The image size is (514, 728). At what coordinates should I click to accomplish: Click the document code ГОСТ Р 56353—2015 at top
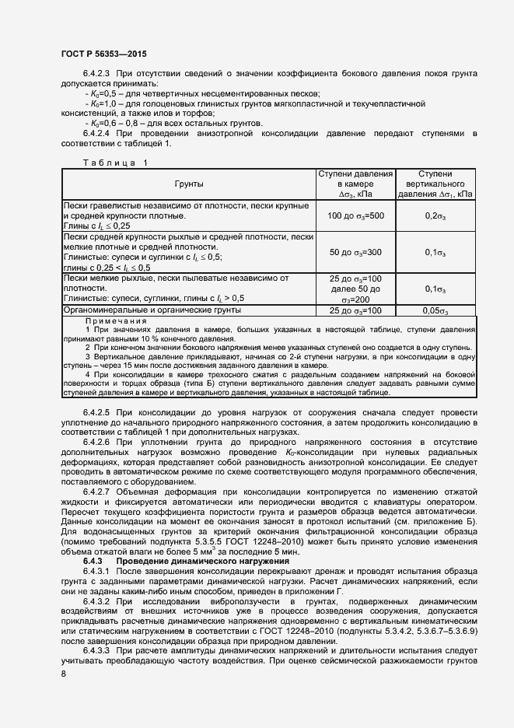[x=103, y=54]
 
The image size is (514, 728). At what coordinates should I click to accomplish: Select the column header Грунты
[x=188, y=184]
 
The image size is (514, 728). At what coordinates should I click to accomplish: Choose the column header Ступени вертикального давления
[x=435, y=184]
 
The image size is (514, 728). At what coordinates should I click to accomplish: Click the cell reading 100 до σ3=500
[x=354, y=215]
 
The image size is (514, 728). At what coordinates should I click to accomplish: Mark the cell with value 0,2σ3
[x=435, y=215]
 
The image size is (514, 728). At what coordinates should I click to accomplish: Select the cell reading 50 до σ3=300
[x=354, y=252]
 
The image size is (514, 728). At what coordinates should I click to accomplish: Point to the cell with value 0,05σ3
[x=435, y=311]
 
